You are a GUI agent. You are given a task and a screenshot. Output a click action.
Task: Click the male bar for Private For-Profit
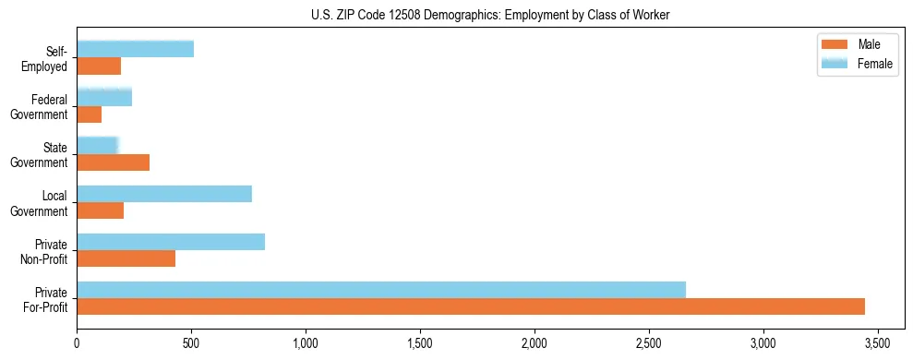pos(471,306)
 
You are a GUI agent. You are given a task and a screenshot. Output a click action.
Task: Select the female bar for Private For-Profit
pos(381,290)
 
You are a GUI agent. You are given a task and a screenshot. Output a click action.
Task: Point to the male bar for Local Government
pos(101,210)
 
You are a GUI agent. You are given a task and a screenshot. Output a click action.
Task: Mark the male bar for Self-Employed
pos(99,66)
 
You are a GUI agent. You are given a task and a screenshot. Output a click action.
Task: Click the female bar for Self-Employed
pos(136,50)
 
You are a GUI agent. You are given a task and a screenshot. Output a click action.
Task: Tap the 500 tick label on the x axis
pos(191,342)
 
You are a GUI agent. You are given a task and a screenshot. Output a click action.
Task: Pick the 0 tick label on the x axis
pos(78,342)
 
